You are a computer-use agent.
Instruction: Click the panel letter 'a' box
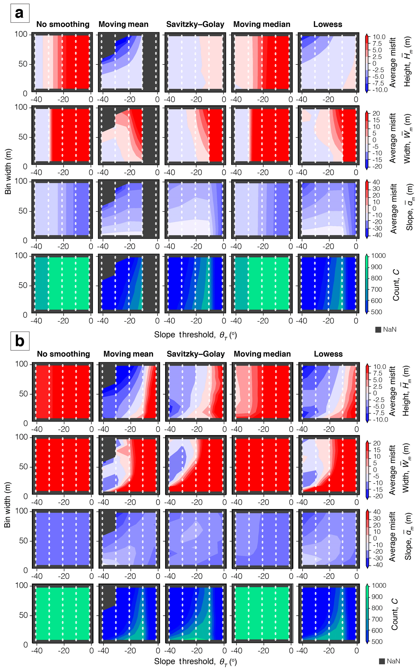(20, 13)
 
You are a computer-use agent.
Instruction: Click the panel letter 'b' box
(20, 341)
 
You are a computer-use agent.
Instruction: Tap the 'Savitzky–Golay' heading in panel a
(195, 24)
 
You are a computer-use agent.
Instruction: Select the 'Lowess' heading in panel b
(328, 354)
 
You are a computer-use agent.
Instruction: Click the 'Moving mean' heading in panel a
(123, 24)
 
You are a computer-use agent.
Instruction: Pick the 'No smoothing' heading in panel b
(63, 354)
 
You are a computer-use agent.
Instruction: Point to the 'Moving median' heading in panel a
(262, 24)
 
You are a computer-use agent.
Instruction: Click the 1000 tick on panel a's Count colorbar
(378, 255)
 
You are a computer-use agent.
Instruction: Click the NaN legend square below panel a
(378, 329)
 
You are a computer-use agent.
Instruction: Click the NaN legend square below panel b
(382, 661)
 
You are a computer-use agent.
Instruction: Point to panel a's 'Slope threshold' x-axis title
(195, 335)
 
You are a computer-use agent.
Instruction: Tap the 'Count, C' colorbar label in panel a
(396, 285)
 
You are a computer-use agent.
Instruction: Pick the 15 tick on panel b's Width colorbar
(376, 450)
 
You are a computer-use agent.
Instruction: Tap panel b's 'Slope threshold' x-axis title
(195, 661)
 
